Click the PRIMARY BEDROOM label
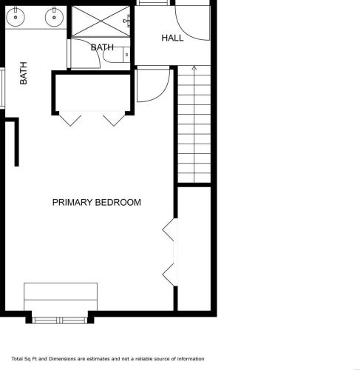(x=97, y=202)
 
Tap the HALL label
(x=172, y=38)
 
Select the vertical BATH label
(x=24, y=73)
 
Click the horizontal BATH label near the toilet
(x=102, y=47)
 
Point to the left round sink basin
(x=16, y=17)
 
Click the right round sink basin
(x=54, y=17)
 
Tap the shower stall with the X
(x=101, y=21)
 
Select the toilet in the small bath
(x=116, y=55)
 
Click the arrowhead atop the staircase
(x=194, y=67)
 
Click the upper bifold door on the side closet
(x=169, y=230)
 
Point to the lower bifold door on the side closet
(x=169, y=275)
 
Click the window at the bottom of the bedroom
(x=60, y=320)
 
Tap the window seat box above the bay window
(x=61, y=297)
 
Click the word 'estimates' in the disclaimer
(x=98, y=359)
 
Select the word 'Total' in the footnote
(x=17, y=359)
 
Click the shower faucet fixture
(x=126, y=21)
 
